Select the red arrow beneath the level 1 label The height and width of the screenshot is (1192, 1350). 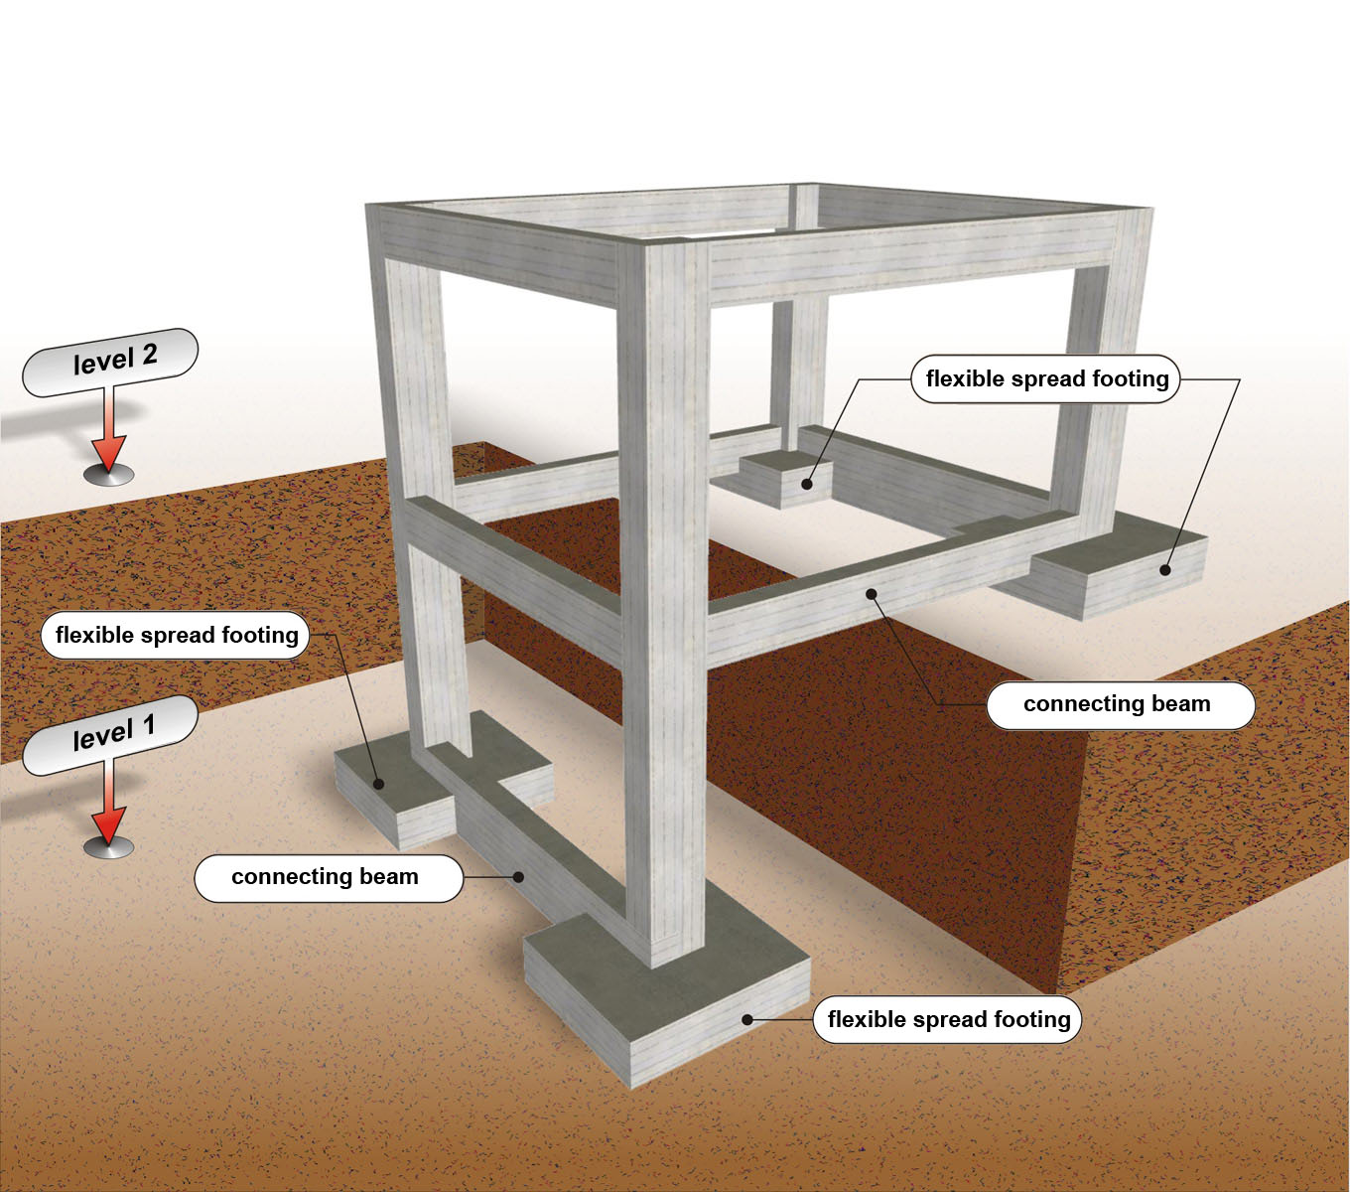[x=109, y=810]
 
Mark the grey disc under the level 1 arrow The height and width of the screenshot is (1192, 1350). [x=109, y=847]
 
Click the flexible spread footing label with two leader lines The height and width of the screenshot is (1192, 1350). [x=1046, y=379]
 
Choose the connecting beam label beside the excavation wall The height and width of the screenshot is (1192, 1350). [x=1120, y=705]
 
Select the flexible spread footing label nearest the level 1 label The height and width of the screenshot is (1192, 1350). [x=176, y=636]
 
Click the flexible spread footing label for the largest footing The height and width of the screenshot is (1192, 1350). [x=948, y=1020]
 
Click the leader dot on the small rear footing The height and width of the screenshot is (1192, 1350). [x=808, y=485]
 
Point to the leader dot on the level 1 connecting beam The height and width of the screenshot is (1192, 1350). [x=518, y=876]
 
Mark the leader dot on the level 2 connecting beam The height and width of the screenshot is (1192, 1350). [x=871, y=594]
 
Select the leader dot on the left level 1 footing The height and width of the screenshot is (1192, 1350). [x=378, y=783]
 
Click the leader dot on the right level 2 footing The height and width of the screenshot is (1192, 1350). [x=1166, y=570]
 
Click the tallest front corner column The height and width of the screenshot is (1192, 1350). [x=663, y=596]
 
